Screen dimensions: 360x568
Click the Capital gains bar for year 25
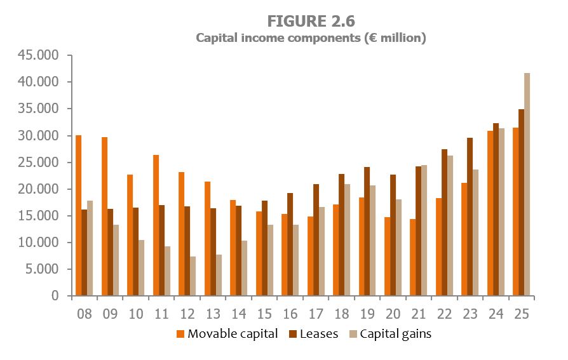point(527,185)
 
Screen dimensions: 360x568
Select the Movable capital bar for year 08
point(78,216)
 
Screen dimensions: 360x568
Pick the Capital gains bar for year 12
point(192,276)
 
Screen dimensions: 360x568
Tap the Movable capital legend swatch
point(180,334)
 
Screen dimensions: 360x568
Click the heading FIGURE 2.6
point(311,21)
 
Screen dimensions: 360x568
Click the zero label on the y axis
point(55,297)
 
